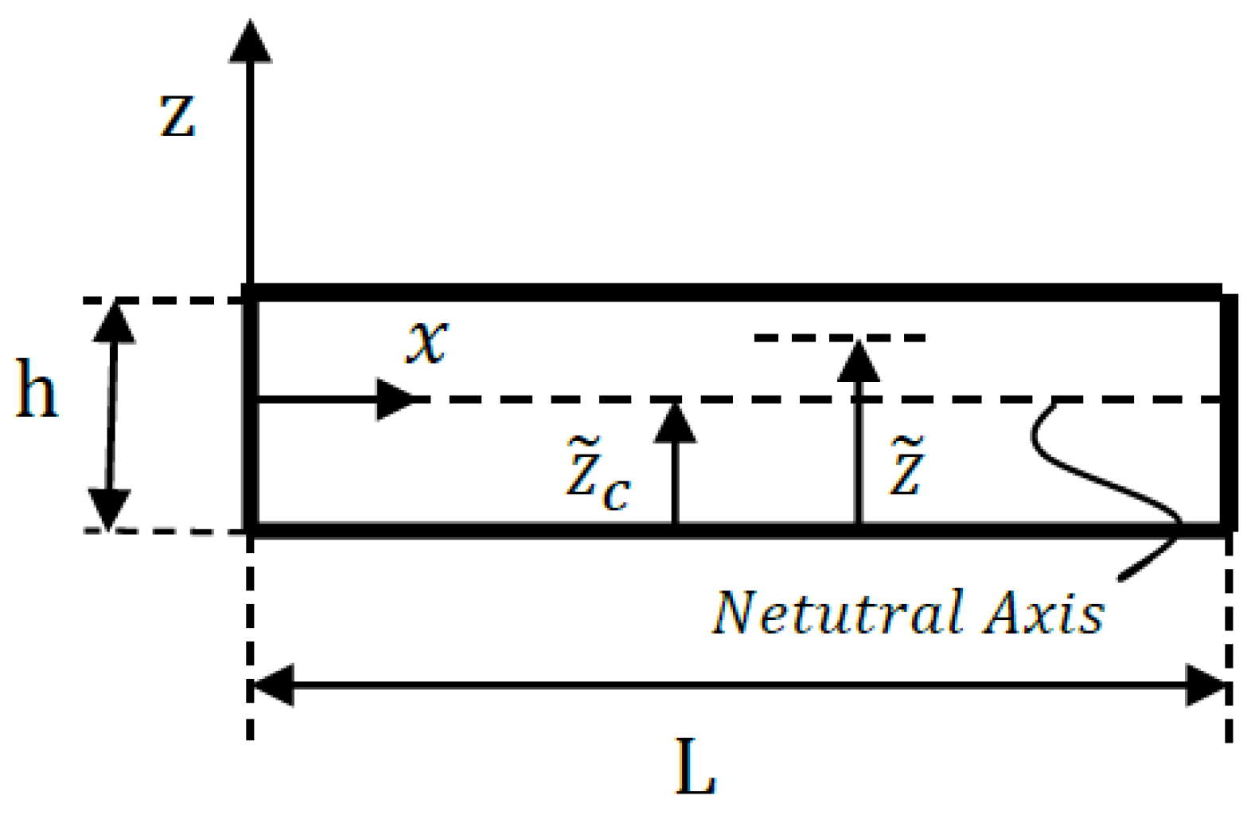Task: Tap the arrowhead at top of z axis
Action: [x=250, y=44]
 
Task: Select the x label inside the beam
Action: [x=428, y=342]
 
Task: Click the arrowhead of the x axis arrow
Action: [x=395, y=399]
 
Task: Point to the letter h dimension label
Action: [x=37, y=389]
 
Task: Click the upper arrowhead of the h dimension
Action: [x=115, y=322]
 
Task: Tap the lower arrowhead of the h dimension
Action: [x=108, y=509]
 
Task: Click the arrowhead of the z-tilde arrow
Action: [x=858, y=363]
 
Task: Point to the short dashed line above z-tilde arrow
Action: [x=840, y=338]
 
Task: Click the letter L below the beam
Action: [x=696, y=768]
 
